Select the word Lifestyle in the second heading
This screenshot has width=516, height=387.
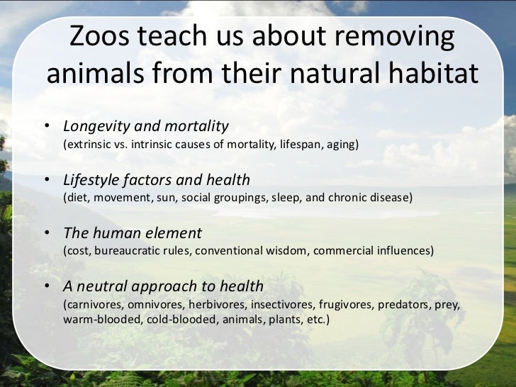pyautogui.click(x=91, y=180)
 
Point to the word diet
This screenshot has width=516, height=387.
pyautogui.click(x=77, y=198)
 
